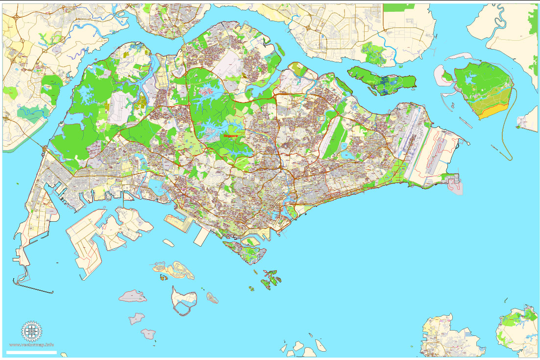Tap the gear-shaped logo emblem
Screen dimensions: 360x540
pos(31,332)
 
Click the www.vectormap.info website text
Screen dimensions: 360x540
pos(32,345)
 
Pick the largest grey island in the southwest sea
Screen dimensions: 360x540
pos(133,296)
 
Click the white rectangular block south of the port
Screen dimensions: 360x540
pos(201,237)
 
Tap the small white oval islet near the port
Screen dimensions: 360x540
pos(169,243)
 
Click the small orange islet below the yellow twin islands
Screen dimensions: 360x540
pos(162,277)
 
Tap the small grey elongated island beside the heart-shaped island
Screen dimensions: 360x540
pos(212,297)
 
